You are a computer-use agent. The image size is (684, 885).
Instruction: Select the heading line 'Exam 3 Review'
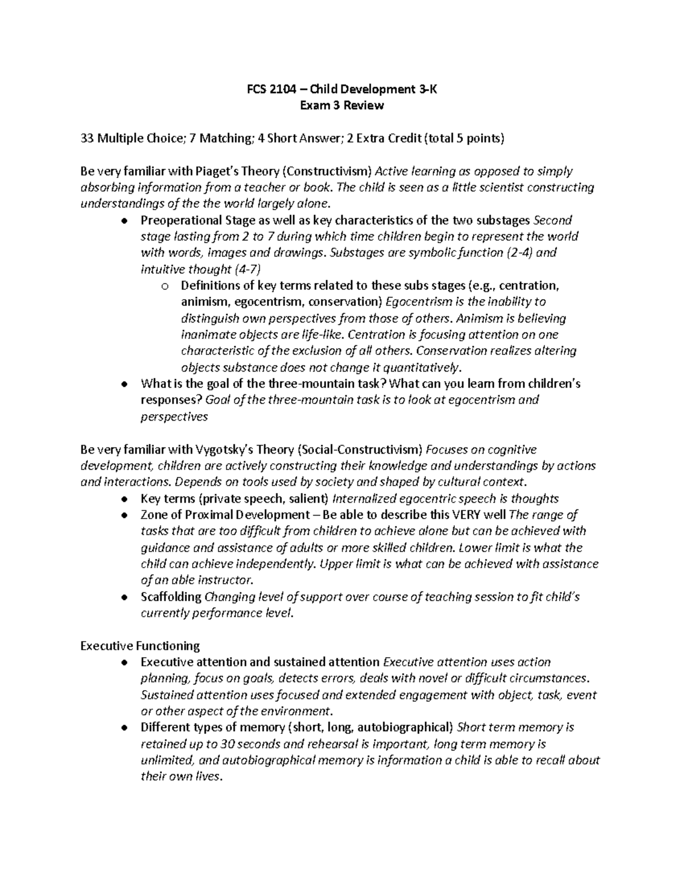(x=342, y=105)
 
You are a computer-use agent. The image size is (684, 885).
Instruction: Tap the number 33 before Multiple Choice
(x=87, y=138)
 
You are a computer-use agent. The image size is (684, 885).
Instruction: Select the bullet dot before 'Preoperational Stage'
(x=124, y=221)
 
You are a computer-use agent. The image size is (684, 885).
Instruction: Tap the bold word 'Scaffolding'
(x=171, y=597)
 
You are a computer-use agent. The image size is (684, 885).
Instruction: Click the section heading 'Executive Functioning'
(x=140, y=646)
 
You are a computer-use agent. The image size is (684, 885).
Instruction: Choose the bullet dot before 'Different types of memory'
(x=124, y=728)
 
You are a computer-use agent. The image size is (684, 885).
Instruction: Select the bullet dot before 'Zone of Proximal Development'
(x=124, y=516)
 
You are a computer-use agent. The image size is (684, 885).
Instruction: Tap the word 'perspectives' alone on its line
(x=174, y=417)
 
